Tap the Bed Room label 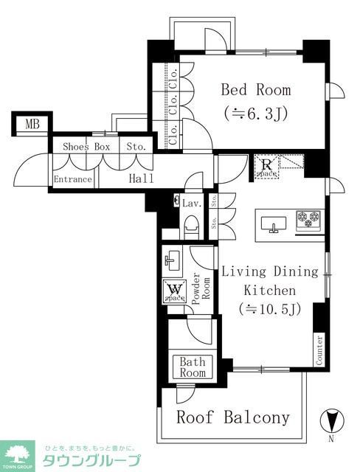click(256, 90)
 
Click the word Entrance click(73, 179)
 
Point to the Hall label click(141, 179)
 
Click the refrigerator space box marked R click(266, 167)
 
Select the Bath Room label click(193, 367)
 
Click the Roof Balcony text click(232, 417)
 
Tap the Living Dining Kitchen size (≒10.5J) click(270, 310)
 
